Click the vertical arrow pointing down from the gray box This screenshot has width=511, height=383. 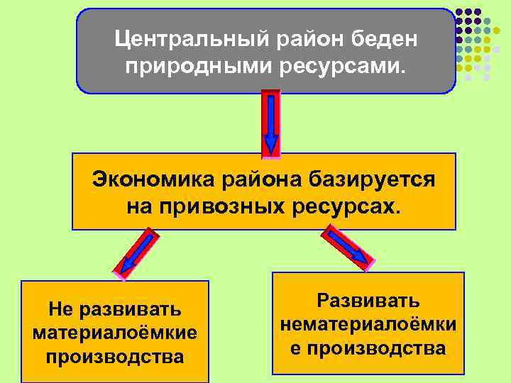[x=271, y=123]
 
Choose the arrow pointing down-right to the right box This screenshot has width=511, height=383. [x=349, y=248]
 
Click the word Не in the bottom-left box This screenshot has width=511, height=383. [x=61, y=309]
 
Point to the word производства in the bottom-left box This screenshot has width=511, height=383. [x=115, y=355]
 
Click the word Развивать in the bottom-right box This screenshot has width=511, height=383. [x=368, y=301]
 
